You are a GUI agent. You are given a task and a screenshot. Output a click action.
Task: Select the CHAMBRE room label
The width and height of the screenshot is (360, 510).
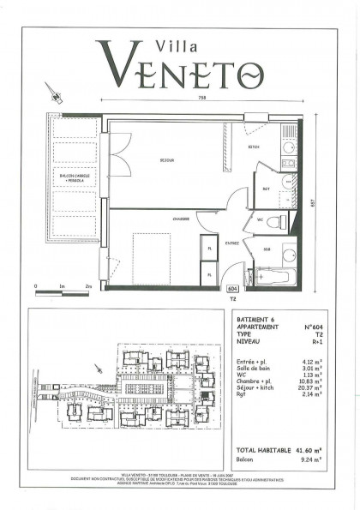pyautogui.click(x=180, y=219)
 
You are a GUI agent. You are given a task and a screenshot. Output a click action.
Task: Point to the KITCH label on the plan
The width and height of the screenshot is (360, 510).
pyautogui.click(x=255, y=147)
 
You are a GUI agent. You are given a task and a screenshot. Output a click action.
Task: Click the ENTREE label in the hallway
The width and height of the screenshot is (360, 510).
pyautogui.click(x=231, y=243)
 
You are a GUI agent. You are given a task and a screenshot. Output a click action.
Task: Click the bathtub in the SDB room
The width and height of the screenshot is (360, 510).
pyautogui.click(x=273, y=278)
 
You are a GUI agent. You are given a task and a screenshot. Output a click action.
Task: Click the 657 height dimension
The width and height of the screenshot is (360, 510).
pyautogui.click(x=313, y=202)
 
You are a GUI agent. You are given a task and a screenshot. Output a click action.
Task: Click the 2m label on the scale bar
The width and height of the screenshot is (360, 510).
pyautogui.click(x=87, y=285)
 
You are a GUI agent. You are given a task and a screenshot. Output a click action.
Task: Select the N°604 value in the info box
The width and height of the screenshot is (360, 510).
pyautogui.click(x=296, y=328)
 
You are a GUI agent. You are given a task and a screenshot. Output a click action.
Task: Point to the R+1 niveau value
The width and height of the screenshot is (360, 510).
pyautogui.click(x=301, y=340)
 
